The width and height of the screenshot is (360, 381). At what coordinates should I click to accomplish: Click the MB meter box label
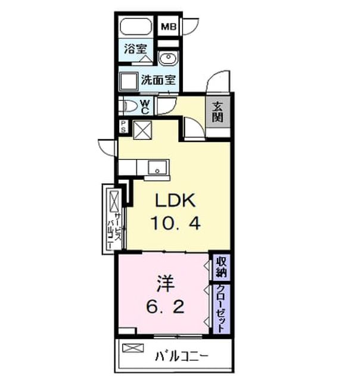click(169, 27)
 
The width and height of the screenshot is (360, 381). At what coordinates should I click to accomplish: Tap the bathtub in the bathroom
click(136, 26)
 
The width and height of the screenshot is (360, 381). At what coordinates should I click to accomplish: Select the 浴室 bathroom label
click(135, 49)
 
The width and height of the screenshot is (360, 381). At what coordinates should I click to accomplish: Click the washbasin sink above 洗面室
click(168, 58)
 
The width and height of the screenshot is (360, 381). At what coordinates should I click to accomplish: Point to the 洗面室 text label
click(159, 79)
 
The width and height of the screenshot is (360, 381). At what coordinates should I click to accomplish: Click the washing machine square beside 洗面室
click(128, 82)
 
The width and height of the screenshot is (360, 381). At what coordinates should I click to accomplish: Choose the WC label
click(145, 107)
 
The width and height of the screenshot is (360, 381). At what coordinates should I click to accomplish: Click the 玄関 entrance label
click(218, 113)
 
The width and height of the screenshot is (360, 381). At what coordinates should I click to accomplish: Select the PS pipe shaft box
click(123, 127)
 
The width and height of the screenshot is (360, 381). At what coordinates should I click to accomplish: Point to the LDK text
click(175, 201)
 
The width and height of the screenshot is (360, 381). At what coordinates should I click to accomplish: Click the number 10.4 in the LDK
click(176, 223)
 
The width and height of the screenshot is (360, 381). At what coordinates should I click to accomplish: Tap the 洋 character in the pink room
click(166, 283)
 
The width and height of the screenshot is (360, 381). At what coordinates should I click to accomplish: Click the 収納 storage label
click(222, 267)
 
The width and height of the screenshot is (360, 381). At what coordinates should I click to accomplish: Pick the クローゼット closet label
click(221, 308)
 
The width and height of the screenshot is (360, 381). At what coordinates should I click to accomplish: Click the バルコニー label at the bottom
click(182, 357)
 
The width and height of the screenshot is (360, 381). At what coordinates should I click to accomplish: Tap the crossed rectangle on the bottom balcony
click(133, 348)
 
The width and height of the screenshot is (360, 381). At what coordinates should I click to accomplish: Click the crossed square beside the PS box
click(142, 130)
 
